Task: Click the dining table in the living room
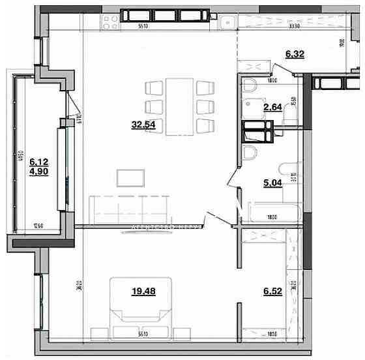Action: point(179,106)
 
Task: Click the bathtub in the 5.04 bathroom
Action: point(270,210)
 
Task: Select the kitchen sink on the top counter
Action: point(227,22)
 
